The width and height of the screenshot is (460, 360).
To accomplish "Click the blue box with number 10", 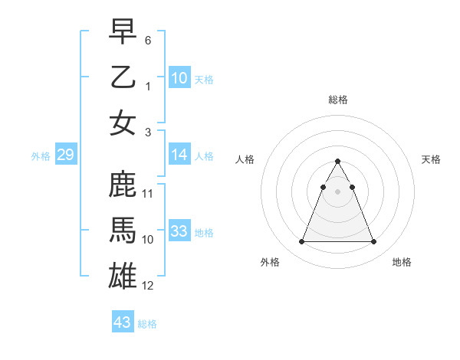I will tap(179, 77).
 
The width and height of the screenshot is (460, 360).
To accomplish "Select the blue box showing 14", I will tap(179, 155).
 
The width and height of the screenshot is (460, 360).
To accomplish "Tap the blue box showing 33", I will tap(179, 231).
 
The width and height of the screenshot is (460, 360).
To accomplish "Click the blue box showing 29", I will tap(65, 155).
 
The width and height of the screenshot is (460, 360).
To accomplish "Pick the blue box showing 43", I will tap(123, 322).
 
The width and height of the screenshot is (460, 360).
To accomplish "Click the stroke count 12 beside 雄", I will tap(148, 286).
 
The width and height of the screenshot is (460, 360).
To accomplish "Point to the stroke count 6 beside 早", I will tap(148, 39).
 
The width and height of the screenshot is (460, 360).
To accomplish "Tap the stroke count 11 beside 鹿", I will tap(148, 193).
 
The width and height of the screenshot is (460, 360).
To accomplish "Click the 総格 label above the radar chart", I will tap(337, 100).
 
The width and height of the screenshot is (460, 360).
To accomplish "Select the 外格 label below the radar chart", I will tap(270, 263).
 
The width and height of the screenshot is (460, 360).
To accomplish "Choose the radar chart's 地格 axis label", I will tap(402, 263).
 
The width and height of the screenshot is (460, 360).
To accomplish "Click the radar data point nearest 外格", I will tap(301, 242).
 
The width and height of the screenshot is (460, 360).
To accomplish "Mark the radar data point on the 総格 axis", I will tap(337, 161).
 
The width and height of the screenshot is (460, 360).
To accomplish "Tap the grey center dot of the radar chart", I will tap(337, 191).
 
